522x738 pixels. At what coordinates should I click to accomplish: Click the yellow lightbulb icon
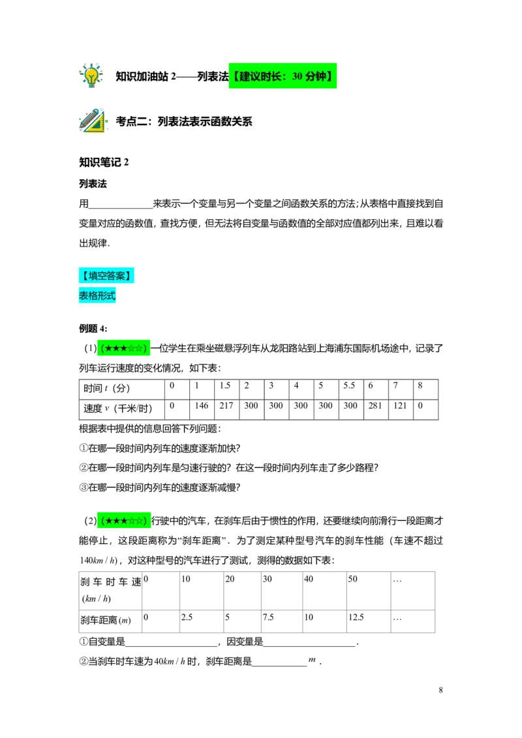[91, 75]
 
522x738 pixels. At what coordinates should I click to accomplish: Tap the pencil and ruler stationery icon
[93, 121]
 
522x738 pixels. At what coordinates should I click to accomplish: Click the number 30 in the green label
[297, 77]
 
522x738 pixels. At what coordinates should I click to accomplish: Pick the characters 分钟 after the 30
[316, 77]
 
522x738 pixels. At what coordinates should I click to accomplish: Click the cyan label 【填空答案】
[106, 276]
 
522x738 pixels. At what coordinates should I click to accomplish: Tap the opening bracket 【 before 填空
[84, 276]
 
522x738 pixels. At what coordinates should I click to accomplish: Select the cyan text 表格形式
[97, 296]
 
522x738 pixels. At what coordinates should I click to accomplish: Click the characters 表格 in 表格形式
[88, 296]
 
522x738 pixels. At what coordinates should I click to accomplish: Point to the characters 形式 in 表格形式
[106, 296]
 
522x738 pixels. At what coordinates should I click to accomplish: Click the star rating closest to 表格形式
[123, 348]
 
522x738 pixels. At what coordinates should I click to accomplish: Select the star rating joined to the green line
[123, 520]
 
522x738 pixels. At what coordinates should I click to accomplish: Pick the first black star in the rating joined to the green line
[109, 520]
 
